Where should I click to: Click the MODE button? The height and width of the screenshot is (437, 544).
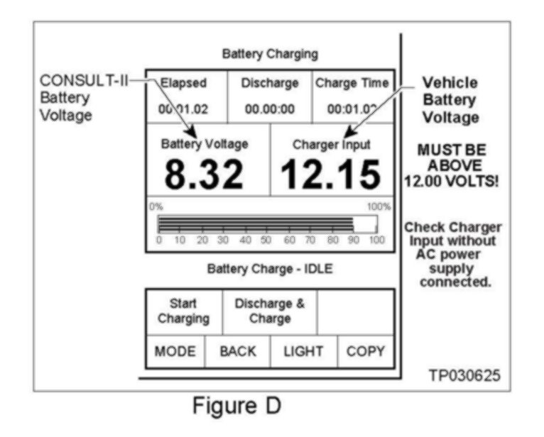(x=175, y=351)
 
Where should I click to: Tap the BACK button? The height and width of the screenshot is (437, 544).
(x=237, y=351)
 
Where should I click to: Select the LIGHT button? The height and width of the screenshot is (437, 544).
(x=303, y=351)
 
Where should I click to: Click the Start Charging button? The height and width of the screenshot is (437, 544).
(x=183, y=311)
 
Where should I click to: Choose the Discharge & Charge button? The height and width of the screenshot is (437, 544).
(x=270, y=311)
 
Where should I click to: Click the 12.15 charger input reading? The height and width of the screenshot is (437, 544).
(x=330, y=175)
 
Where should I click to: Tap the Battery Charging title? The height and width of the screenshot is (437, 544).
(x=270, y=53)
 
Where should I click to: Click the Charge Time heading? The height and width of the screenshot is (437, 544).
(x=352, y=83)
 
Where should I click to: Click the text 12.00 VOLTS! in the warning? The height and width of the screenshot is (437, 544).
(x=454, y=181)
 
